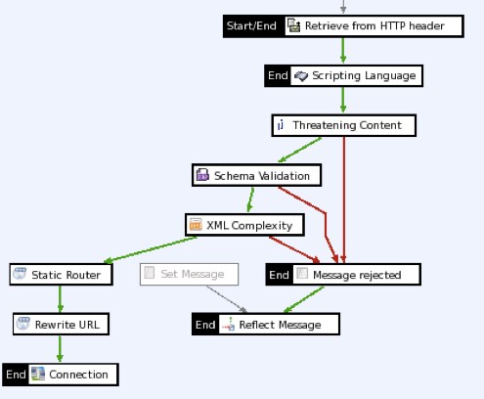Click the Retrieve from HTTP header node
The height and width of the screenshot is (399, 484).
click(374, 25)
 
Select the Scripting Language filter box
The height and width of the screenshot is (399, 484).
click(356, 75)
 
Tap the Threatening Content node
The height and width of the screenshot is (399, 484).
click(343, 126)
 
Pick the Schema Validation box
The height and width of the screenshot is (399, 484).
click(255, 176)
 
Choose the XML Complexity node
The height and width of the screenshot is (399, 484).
click(244, 225)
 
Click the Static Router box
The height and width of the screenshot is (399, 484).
click(58, 275)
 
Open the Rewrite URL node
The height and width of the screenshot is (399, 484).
click(61, 324)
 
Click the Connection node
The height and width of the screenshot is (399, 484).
click(71, 374)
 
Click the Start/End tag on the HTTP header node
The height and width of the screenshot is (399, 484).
click(252, 25)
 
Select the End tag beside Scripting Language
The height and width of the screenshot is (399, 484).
click(278, 75)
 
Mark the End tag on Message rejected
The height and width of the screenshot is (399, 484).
click(278, 275)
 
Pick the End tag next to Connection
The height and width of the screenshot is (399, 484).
click(15, 374)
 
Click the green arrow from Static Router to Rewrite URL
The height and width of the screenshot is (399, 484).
click(61, 299)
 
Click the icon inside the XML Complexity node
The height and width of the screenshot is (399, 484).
click(195, 225)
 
